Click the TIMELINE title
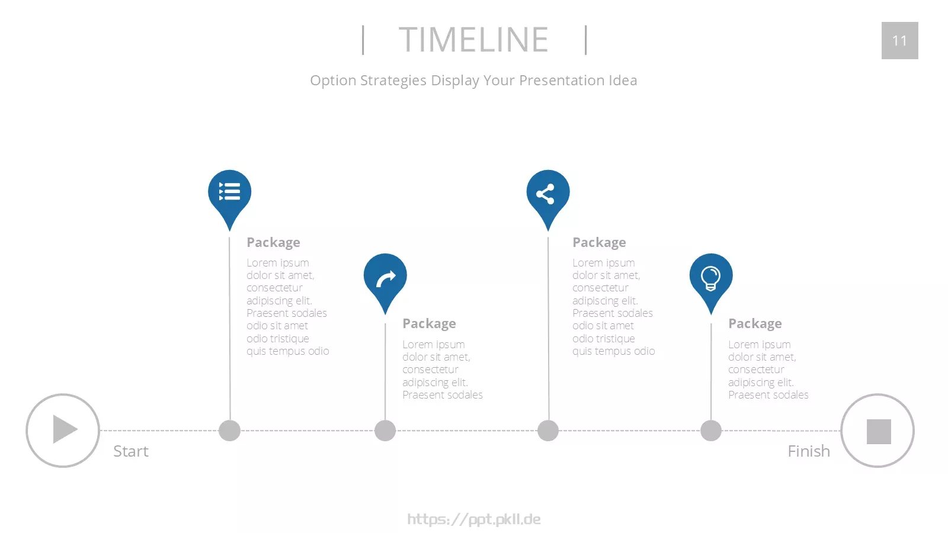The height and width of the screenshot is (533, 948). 473,39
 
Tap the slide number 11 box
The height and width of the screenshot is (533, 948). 900,41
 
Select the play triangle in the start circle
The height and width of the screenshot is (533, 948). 65,429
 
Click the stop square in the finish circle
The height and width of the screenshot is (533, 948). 879,432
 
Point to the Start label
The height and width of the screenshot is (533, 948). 131,451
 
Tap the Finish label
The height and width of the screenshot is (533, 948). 809,451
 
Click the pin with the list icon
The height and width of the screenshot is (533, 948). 229,197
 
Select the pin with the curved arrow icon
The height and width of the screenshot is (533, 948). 385,281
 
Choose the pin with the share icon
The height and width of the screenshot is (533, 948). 548,197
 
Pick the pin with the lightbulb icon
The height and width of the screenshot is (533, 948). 711,281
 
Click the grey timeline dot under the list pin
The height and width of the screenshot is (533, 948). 229,431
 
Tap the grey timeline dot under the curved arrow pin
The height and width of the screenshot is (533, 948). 385,431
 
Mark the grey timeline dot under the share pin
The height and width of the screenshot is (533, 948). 548,431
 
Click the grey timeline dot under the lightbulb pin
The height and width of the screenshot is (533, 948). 711,431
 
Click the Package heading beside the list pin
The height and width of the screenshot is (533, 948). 273,242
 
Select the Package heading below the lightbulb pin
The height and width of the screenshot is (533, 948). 755,323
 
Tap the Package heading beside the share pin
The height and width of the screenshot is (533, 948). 599,242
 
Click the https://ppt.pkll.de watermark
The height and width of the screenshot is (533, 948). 474,519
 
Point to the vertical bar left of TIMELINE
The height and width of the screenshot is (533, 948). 363,40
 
